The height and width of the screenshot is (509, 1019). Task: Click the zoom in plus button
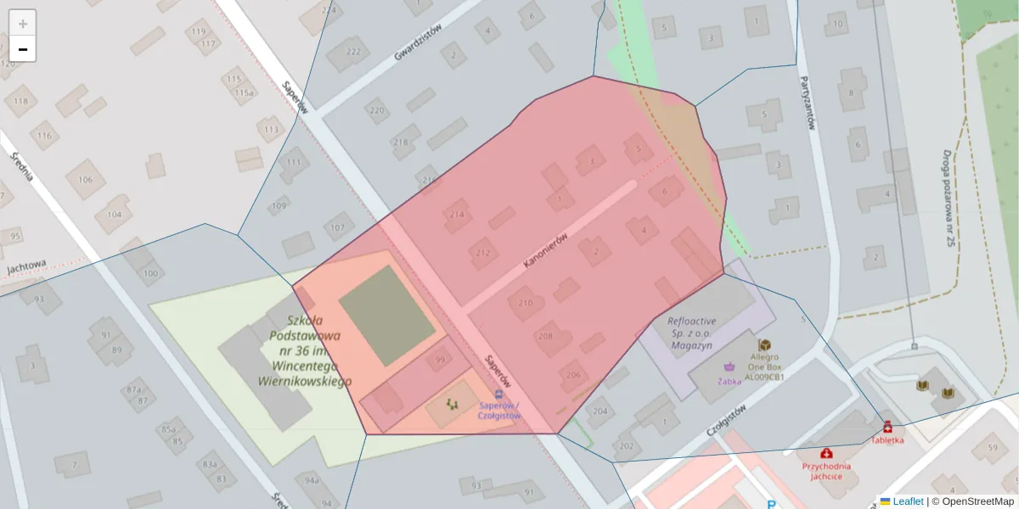click(23, 24)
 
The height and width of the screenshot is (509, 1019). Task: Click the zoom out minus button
click(23, 49)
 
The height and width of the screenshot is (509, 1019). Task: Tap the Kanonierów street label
click(544, 252)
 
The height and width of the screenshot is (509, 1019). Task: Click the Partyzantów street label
click(807, 103)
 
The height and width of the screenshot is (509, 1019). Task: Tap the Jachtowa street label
click(26, 267)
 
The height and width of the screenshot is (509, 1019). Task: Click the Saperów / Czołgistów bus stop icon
click(498, 394)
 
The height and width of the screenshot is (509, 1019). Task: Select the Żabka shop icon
click(729, 367)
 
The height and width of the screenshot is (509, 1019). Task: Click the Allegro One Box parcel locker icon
click(764, 345)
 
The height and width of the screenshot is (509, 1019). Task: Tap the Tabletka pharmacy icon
click(887, 427)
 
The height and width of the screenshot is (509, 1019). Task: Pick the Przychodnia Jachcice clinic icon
click(826, 453)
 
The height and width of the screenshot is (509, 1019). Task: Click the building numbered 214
click(457, 215)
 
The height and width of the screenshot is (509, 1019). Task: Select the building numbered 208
click(544, 336)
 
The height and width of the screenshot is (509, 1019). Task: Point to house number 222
click(354, 52)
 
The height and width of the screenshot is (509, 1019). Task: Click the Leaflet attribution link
click(907, 501)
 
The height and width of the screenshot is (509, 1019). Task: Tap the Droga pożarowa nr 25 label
click(948, 199)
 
